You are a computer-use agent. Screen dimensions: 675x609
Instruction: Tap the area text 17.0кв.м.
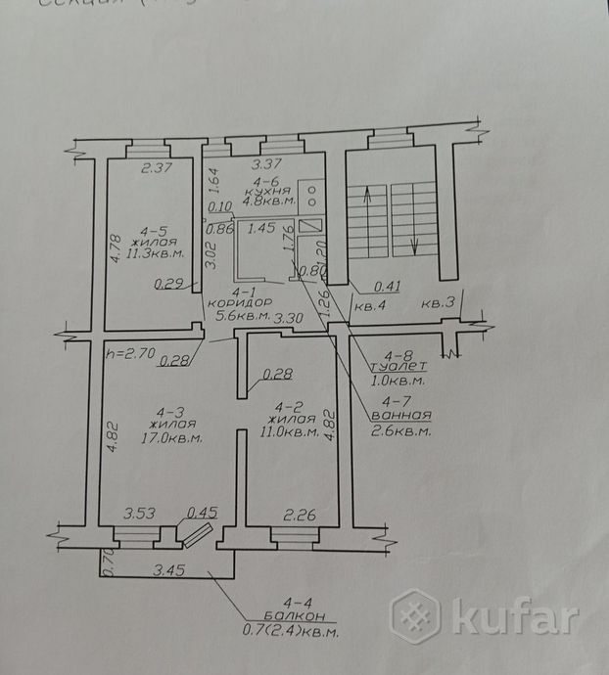pos(177,438)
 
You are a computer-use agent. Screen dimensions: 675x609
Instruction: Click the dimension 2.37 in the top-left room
pos(157,168)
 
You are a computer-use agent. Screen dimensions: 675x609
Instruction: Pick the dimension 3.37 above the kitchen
pos(267,164)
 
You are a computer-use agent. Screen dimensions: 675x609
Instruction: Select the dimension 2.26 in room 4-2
pos(296,514)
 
